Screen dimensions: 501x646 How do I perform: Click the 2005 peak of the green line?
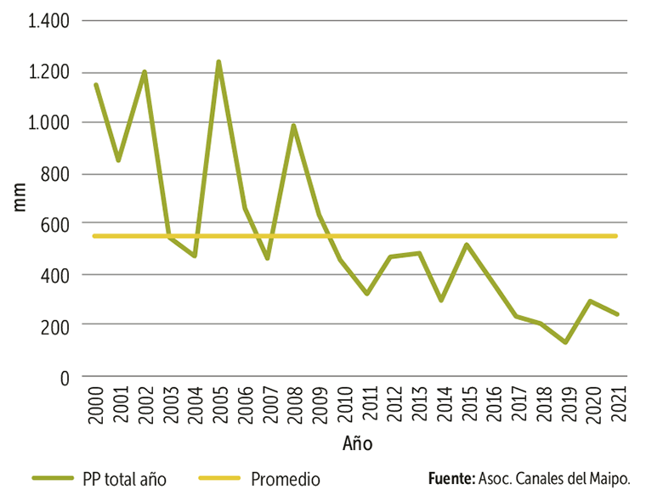(218, 62)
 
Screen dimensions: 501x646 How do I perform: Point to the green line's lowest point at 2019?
(564, 342)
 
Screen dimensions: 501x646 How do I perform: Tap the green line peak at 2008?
(293, 126)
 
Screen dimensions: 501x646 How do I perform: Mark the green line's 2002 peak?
(144, 72)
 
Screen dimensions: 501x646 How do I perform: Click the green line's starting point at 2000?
(95, 84)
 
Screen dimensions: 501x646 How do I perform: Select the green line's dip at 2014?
(441, 301)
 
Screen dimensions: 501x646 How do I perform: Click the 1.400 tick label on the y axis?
(48, 21)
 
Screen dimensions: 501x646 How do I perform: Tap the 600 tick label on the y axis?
(58, 224)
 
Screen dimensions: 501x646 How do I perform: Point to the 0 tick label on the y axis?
(65, 377)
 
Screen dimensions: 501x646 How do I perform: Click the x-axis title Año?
(358, 444)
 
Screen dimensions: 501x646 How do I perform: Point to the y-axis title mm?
(20, 199)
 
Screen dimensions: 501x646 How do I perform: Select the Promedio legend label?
(286, 479)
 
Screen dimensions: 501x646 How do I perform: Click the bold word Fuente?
(450, 479)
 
